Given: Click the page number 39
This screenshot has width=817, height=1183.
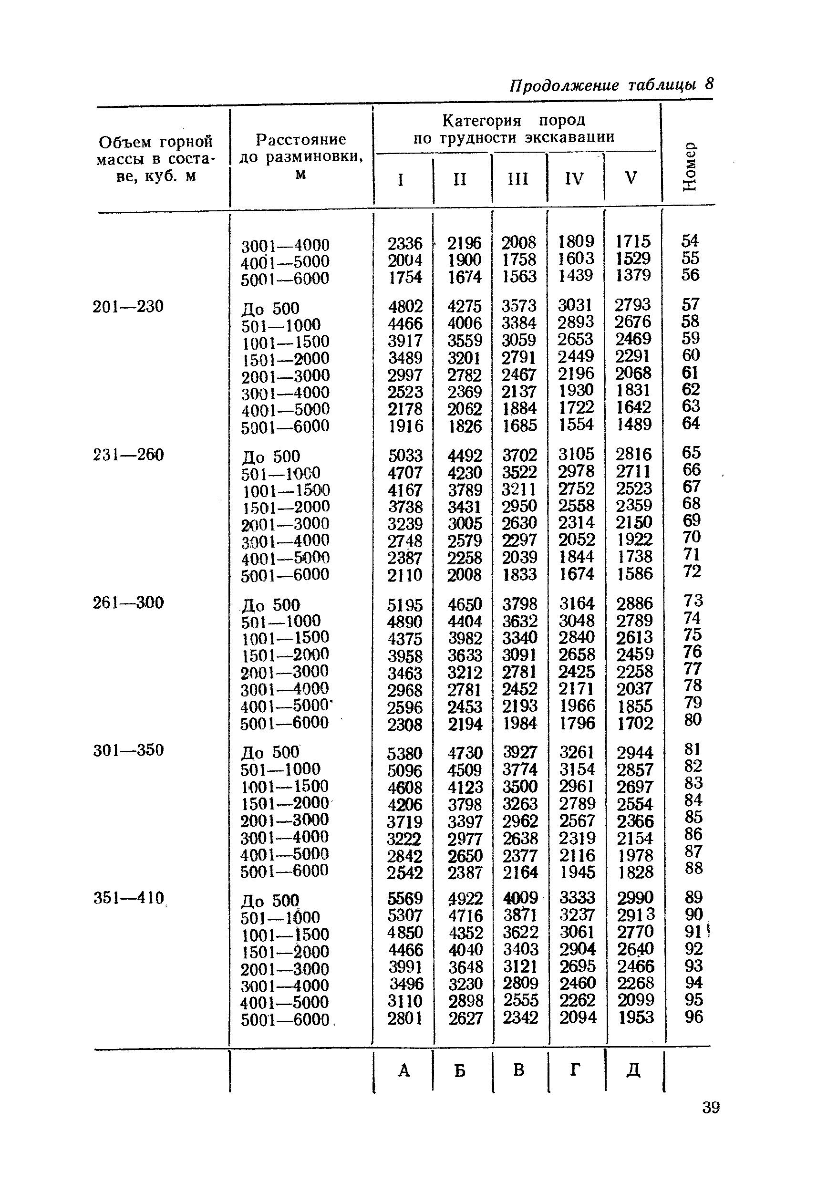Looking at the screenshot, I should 711,1107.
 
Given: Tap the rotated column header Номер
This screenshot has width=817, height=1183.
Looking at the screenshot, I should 690,166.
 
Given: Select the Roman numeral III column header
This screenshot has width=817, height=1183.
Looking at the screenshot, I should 517,179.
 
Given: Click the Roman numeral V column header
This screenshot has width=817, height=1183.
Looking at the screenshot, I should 631,177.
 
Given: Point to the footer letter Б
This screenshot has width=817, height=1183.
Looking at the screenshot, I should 460,1070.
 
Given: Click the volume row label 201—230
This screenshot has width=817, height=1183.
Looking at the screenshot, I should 128,307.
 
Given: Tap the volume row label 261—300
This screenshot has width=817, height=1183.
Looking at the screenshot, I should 128,602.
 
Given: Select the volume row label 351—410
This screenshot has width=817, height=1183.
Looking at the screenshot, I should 128,898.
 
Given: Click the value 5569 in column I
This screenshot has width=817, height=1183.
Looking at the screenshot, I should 405,898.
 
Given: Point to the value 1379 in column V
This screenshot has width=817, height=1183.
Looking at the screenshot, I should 633,275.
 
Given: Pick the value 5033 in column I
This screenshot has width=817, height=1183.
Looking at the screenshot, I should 405,456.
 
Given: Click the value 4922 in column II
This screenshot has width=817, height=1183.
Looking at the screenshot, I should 465,898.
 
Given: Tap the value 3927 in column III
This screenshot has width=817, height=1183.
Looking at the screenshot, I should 519,752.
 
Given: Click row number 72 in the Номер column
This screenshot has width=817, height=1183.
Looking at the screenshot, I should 692,571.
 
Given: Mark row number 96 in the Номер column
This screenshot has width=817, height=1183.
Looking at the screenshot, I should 693,1017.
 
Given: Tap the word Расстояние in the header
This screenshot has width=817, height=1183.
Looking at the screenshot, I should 301,139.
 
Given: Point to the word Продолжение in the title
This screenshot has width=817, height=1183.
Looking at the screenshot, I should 564,85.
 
